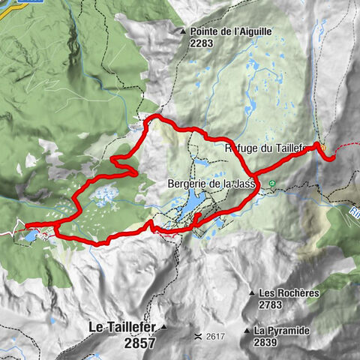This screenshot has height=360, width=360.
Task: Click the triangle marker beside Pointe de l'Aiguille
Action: click(x=182, y=31)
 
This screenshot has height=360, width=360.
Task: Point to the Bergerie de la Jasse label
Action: click(x=208, y=184)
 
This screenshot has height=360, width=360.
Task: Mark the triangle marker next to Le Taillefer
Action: click(x=162, y=328)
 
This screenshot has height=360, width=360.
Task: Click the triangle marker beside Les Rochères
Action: click(x=250, y=293)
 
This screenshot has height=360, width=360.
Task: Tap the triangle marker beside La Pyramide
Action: click(x=246, y=331)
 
